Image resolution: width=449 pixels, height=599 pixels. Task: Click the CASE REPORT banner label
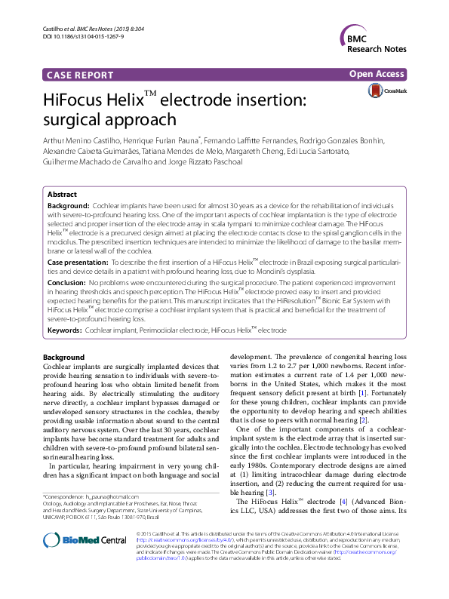click(x=80, y=75)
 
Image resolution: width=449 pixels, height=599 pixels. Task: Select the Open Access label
click(x=377, y=74)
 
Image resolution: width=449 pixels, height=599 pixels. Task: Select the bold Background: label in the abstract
click(x=68, y=205)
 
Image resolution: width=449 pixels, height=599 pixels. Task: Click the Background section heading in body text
click(x=63, y=357)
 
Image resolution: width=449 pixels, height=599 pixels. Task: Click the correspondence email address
click(x=115, y=497)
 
